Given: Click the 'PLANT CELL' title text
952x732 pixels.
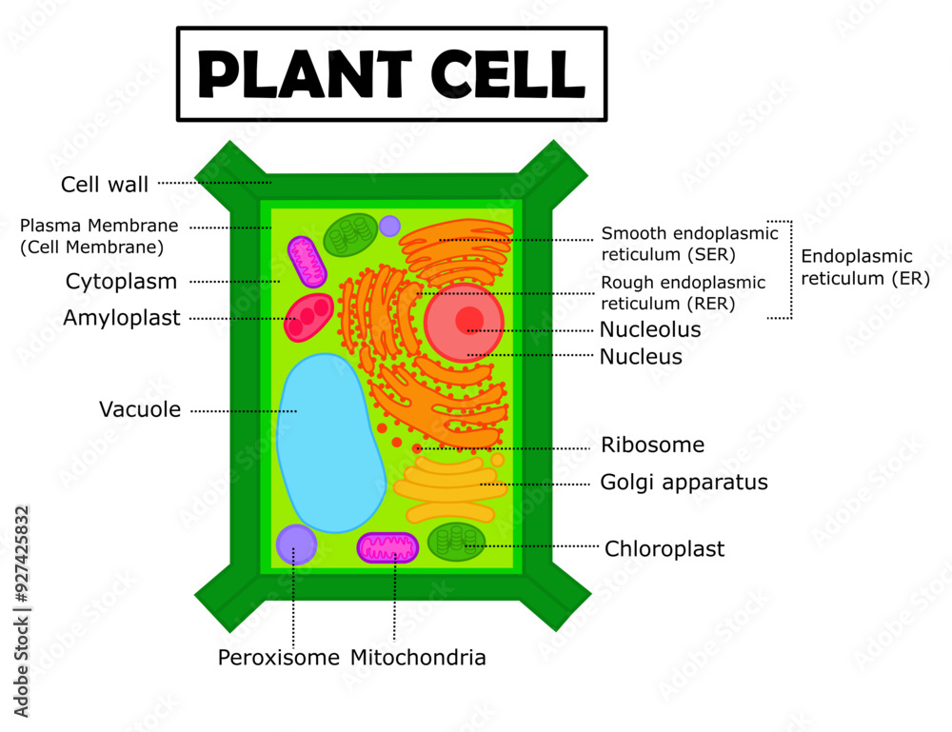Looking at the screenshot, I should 391,74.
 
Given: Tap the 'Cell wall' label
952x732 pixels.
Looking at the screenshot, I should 105,185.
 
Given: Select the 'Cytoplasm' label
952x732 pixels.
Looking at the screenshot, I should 121,282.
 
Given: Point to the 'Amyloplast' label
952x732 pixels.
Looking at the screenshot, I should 121,318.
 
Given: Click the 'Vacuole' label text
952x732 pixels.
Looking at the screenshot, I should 139,410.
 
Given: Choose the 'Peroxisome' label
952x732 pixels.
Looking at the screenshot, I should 278,658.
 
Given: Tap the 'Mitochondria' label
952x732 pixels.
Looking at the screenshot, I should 418,658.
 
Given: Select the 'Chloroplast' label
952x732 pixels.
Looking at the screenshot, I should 664,549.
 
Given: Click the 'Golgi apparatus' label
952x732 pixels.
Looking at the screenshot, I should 683,483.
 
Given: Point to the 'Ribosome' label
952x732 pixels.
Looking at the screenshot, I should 652,445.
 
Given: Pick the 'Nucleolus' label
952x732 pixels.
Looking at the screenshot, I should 649,330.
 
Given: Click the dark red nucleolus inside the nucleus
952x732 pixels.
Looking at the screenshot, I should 468,320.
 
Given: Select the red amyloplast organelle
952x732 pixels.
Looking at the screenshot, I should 308,318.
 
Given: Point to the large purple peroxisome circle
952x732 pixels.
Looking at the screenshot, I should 296,544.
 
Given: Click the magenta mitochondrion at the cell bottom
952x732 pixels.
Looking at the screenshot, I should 387,547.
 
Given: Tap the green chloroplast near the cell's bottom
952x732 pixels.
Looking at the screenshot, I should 456,542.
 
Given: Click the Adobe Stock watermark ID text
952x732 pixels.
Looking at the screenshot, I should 22,610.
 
